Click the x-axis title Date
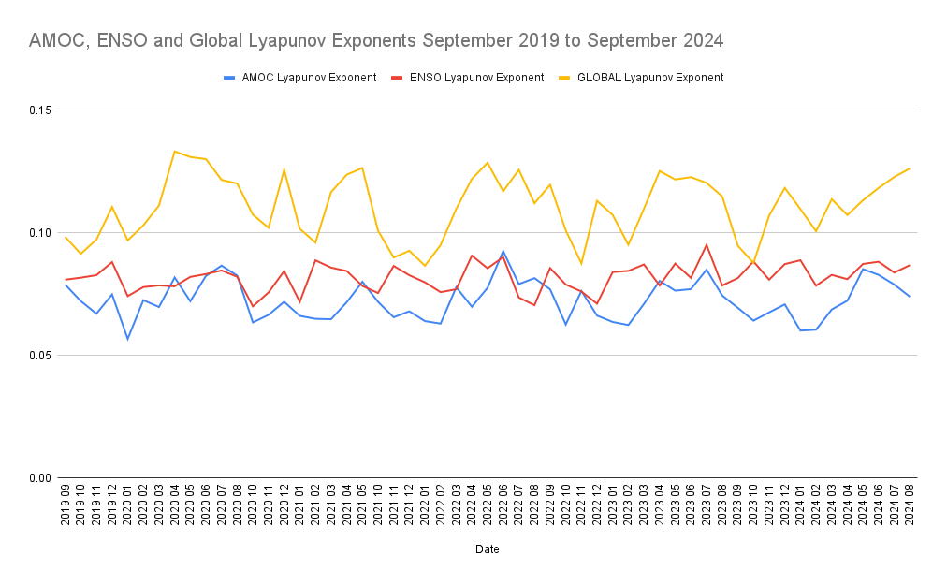[x=487, y=549]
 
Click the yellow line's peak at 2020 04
[x=175, y=151]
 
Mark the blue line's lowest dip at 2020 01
[x=128, y=339]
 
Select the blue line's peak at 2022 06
[x=503, y=251]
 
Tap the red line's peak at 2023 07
[x=706, y=244]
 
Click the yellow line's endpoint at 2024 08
[x=909, y=168]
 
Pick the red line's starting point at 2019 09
[x=66, y=280]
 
